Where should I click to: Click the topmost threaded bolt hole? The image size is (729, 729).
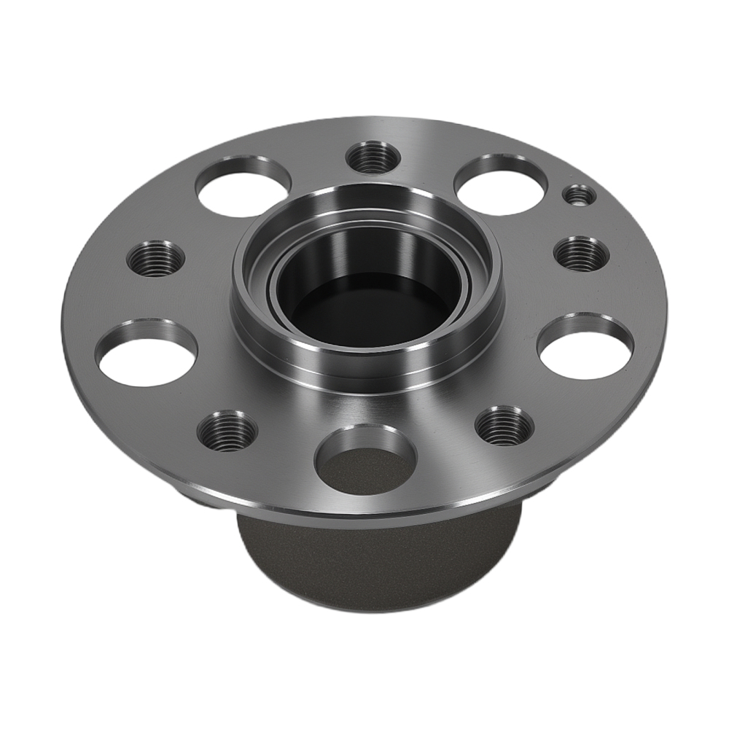[x=370, y=157]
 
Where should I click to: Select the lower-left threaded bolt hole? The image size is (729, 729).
[x=227, y=430]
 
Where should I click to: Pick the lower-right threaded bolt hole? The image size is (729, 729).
[x=504, y=425]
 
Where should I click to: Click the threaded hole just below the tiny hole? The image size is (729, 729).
[x=581, y=254]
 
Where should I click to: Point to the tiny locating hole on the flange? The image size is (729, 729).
[x=580, y=195]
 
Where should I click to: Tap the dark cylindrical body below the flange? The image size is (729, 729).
[x=379, y=561]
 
